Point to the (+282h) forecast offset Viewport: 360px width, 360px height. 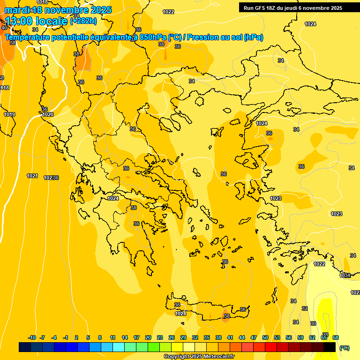(x=83, y=21)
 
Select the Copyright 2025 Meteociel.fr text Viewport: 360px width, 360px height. (x=199, y=357)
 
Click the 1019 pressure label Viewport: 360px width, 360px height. (x=9, y=114)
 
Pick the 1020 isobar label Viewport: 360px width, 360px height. (x=48, y=114)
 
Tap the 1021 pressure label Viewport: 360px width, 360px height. (x=32, y=176)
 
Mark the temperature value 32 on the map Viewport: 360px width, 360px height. (x=305, y=308)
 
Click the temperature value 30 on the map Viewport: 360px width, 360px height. (x=313, y=323)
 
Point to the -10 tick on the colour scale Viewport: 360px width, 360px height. (x=32, y=337)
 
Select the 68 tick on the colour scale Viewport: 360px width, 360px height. (x=336, y=337)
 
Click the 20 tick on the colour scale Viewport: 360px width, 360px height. (x=148, y=337)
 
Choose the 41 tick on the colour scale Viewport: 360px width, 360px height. (x=230, y=337)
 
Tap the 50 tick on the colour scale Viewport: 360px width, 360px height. (x=265, y=337)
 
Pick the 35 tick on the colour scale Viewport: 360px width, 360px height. (x=207, y=337)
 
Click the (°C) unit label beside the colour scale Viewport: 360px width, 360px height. (x=345, y=348)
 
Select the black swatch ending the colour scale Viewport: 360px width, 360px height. (x=330, y=347)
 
